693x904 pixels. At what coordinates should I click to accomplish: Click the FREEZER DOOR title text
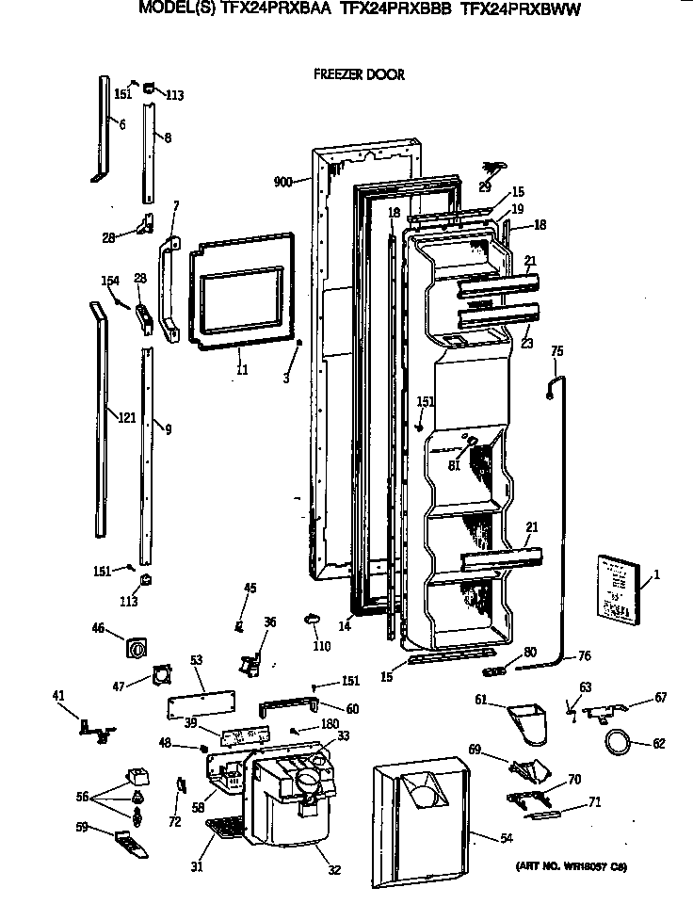coord(358,74)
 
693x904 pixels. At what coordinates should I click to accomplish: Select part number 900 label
coord(283,182)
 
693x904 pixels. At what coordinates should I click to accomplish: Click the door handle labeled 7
coord(169,287)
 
